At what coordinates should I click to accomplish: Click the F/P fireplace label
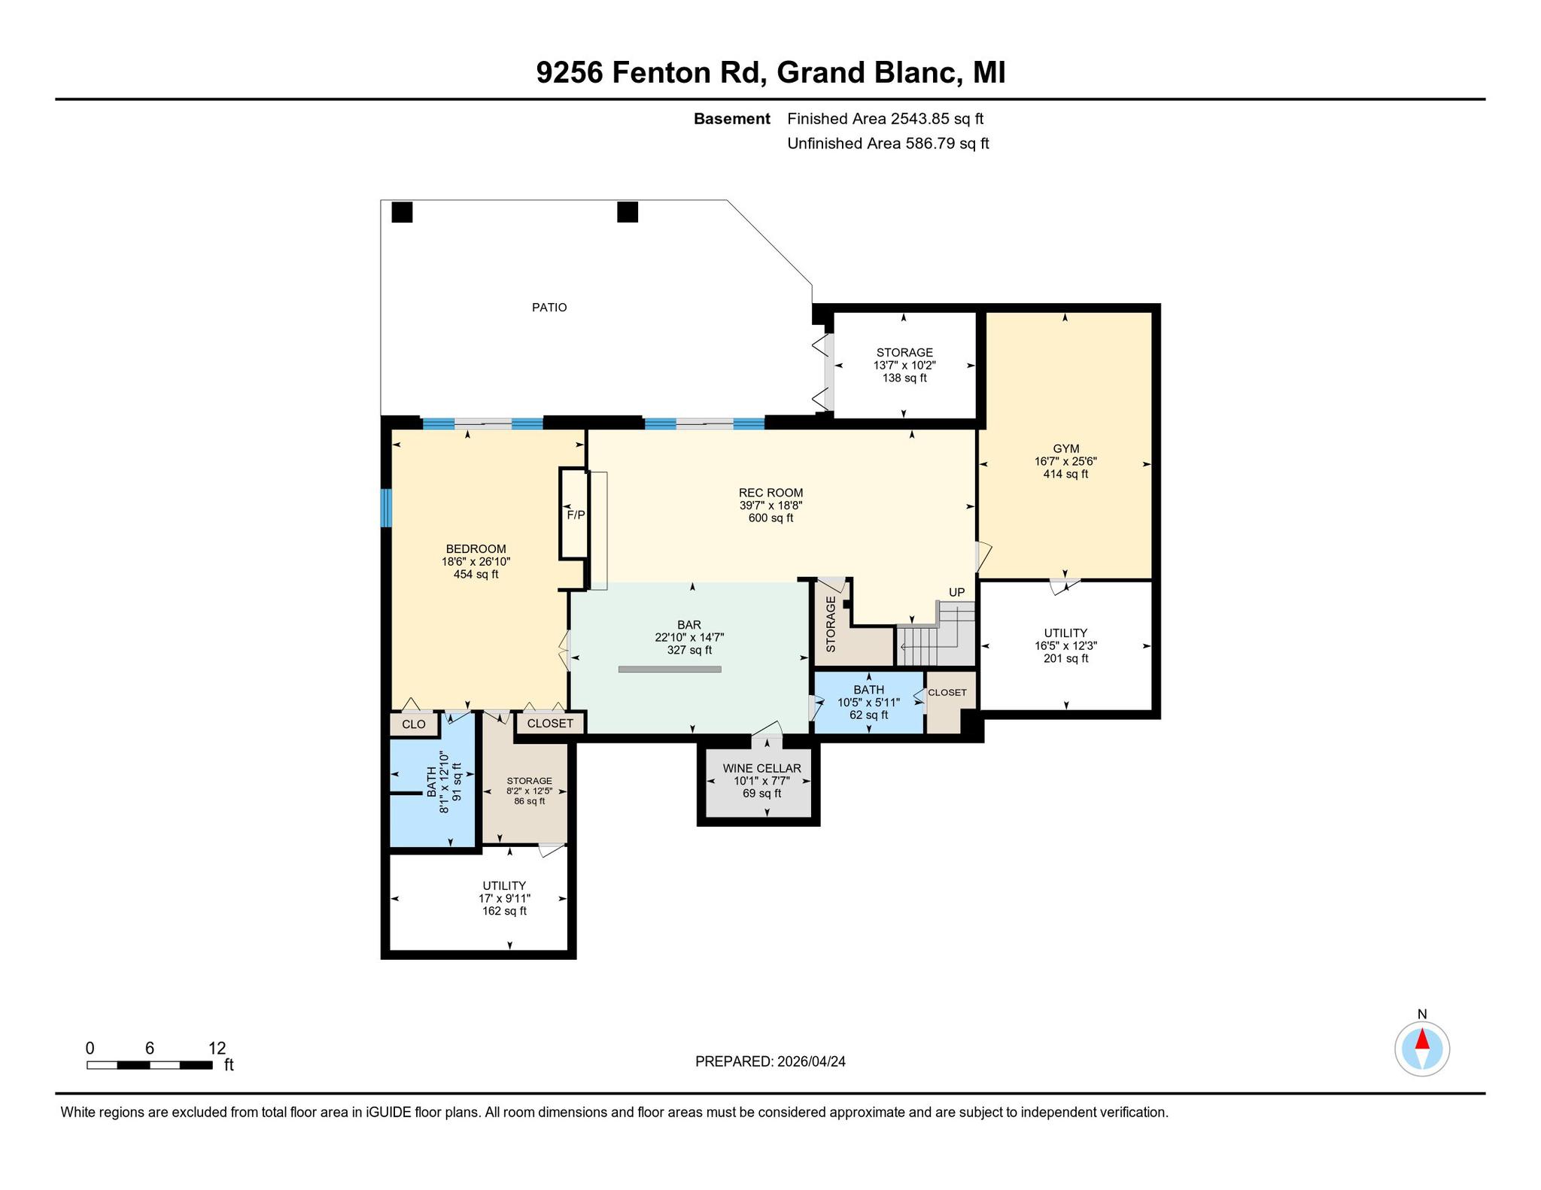pyautogui.click(x=576, y=515)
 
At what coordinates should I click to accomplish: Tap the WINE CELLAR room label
pyautogui.click(x=761, y=769)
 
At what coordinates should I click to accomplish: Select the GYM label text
pyautogui.click(x=1065, y=449)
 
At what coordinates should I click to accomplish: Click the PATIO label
pyautogui.click(x=549, y=308)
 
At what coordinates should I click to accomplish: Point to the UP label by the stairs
pyautogui.click(x=956, y=592)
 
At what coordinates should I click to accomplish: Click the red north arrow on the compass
pyautogui.click(x=1422, y=1039)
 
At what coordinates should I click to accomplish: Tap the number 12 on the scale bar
pyautogui.click(x=217, y=1049)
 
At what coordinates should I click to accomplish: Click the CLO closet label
pyautogui.click(x=414, y=724)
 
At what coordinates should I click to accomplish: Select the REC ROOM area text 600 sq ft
pyautogui.click(x=770, y=518)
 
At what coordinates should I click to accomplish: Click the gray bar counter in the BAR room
pyautogui.click(x=670, y=669)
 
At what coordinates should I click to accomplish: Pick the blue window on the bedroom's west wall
pyautogui.click(x=386, y=508)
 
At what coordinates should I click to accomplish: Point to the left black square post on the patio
pyautogui.click(x=403, y=213)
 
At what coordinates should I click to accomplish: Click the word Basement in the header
pyautogui.click(x=731, y=119)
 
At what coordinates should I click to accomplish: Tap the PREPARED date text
pyautogui.click(x=770, y=1061)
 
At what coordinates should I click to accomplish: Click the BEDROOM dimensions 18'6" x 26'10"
pyautogui.click(x=476, y=561)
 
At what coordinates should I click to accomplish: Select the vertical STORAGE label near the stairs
pyautogui.click(x=831, y=624)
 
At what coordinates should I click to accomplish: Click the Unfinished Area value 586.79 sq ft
pyautogui.click(x=947, y=144)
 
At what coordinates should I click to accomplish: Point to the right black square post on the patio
pyautogui.click(x=628, y=213)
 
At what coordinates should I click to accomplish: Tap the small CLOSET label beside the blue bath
pyautogui.click(x=947, y=692)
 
